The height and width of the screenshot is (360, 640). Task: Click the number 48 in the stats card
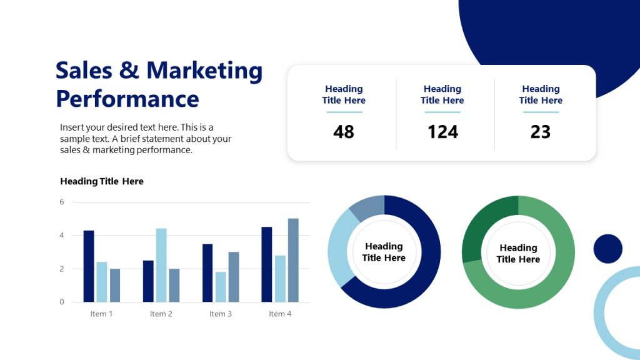click(x=344, y=132)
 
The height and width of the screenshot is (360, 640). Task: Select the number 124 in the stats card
click(x=442, y=132)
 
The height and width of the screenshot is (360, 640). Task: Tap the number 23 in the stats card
click(x=541, y=132)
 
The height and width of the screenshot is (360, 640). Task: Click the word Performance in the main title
click(x=127, y=99)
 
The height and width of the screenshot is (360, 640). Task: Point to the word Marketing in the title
click(x=204, y=70)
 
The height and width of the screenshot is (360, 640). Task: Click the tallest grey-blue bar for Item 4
click(x=293, y=260)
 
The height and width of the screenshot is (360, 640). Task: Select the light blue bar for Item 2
click(x=161, y=265)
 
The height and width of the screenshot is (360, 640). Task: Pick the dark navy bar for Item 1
click(x=89, y=266)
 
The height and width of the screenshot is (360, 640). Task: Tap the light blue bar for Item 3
click(x=221, y=287)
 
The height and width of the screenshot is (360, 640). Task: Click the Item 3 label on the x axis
click(x=221, y=314)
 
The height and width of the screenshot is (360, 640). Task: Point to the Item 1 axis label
click(x=101, y=314)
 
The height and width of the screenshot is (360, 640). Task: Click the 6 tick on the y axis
click(x=62, y=202)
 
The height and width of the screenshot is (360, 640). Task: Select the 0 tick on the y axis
click(x=62, y=302)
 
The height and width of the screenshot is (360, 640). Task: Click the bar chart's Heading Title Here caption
click(x=102, y=181)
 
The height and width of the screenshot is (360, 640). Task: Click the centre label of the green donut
click(x=518, y=253)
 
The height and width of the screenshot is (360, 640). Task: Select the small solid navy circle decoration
click(x=607, y=249)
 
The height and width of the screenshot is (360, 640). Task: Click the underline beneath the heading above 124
click(x=442, y=112)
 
